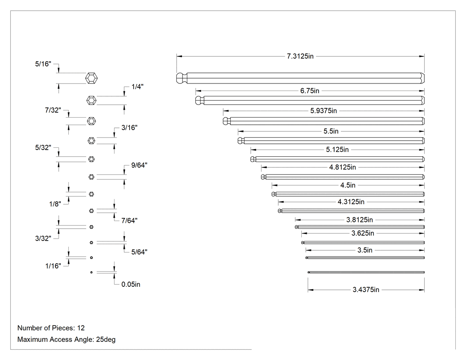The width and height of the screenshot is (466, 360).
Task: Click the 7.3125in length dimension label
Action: click(300, 56)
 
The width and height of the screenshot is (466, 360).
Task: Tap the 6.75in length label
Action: click(310, 91)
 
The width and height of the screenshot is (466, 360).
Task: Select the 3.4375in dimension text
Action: click(366, 290)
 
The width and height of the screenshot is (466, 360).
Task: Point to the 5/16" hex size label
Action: click(43, 64)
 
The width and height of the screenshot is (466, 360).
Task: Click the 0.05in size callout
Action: click(131, 285)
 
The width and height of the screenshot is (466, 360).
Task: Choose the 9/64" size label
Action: click(139, 165)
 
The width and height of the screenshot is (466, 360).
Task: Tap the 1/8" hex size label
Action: click(55, 204)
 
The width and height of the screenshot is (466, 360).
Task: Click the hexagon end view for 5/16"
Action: click(91, 78)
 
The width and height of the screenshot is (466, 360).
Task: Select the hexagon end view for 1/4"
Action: click(91, 100)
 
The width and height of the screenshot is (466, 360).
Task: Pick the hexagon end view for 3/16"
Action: click(91, 141)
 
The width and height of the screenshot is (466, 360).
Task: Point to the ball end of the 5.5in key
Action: click(241, 141)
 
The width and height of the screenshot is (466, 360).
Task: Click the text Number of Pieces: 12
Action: click(51, 328)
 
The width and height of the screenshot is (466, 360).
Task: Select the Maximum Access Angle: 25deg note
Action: click(66, 340)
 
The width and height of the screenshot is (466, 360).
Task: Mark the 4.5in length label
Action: click(348, 186)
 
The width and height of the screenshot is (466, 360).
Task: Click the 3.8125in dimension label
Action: click(359, 220)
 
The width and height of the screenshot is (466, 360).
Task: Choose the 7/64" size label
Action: click(129, 221)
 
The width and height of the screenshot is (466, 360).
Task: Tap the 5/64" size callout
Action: click(139, 252)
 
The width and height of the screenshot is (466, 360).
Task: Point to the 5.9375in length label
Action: click(324, 111)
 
